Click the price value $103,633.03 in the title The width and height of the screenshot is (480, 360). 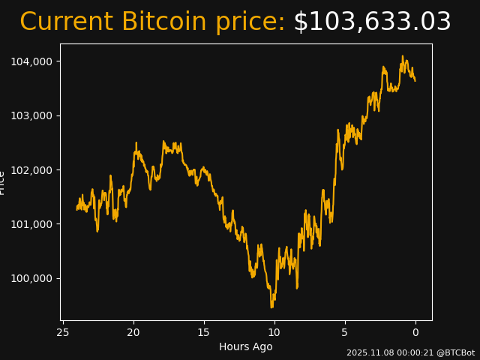coord(372,22)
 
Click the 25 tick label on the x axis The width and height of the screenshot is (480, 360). coord(63,332)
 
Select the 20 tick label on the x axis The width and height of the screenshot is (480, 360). coord(133,332)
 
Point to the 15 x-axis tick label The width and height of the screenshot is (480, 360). coord(204,332)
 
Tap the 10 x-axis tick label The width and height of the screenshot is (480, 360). coord(274,332)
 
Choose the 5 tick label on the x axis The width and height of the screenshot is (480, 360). coord(345,332)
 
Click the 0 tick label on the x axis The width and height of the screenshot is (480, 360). coord(415,332)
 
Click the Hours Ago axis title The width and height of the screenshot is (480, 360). coord(246,346)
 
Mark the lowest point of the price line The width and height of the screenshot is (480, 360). coord(271,307)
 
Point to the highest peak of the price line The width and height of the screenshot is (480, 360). coord(402,55)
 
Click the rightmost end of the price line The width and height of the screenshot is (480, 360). coord(415,80)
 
